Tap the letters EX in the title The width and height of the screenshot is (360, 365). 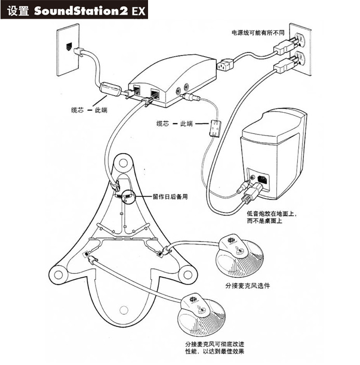click(x=138, y=10)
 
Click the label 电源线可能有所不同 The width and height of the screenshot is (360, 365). click(x=258, y=33)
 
